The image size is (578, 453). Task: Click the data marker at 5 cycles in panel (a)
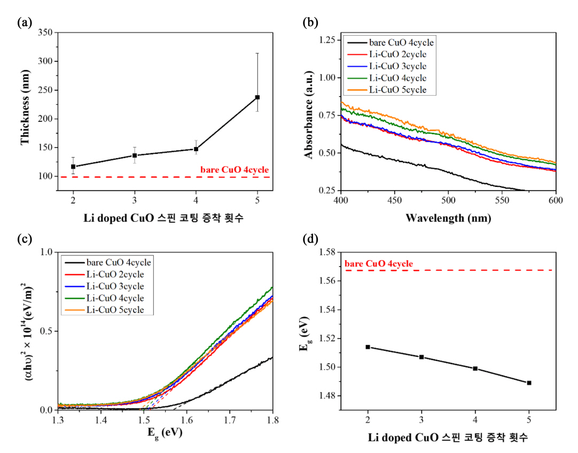point(257,97)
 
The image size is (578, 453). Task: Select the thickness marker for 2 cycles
point(73,167)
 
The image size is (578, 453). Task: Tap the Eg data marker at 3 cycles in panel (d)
point(421,357)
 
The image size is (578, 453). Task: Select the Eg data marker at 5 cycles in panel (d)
point(529,382)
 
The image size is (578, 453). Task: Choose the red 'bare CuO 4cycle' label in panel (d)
point(379,264)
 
